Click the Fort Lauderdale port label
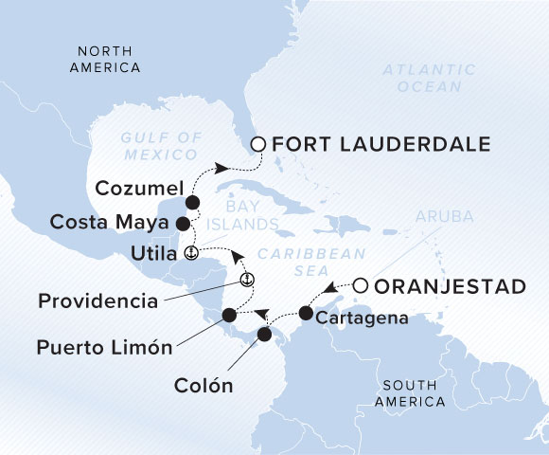(381, 145)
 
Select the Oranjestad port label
(449, 284)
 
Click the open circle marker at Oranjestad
(361, 283)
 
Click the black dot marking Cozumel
(193, 202)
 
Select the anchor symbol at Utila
(190, 253)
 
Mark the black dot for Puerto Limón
(228, 316)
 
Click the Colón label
(204, 386)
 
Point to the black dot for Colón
(264, 334)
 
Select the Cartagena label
(363, 319)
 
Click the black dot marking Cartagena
(306, 312)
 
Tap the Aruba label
(443, 217)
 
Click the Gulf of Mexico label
(161, 144)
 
